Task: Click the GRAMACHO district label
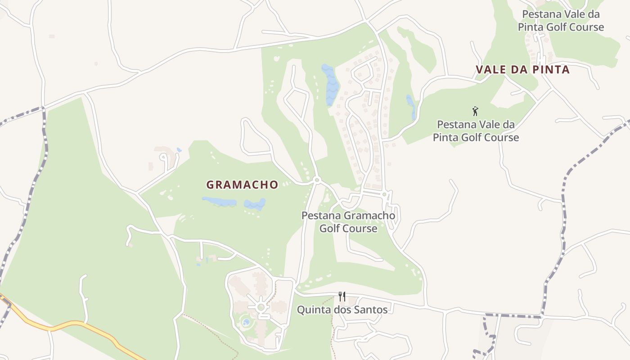242,184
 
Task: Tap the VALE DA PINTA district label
522,70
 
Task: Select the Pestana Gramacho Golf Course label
348,222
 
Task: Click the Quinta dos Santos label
342,310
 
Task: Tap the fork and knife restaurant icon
342,297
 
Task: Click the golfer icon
475,111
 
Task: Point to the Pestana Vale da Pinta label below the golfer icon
476,130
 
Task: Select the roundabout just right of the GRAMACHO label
317,180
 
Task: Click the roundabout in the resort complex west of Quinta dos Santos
261,307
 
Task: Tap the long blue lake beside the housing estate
331,85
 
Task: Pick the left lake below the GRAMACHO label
219,201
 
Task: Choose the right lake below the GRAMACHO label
255,204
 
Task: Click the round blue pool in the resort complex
246,322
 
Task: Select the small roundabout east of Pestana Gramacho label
384,194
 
